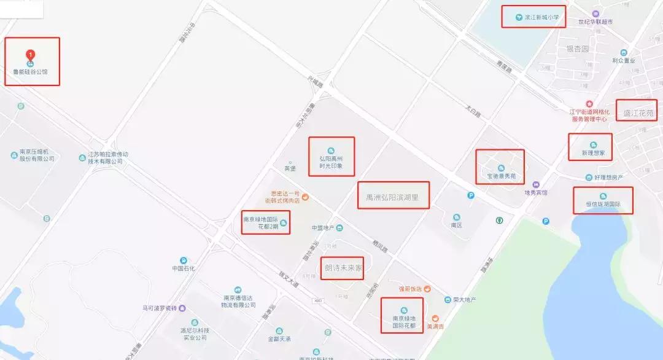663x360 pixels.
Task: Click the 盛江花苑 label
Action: [x=637, y=113]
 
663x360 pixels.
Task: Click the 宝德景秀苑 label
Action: [x=501, y=176]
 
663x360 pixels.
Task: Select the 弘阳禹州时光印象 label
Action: [x=331, y=162]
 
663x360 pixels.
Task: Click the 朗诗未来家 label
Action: [x=344, y=268]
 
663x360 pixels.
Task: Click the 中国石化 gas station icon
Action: [x=184, y=260]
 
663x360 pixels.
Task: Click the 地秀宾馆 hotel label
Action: [x=535, y=192]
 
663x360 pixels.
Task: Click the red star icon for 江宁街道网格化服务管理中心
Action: [x=589, y=104]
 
